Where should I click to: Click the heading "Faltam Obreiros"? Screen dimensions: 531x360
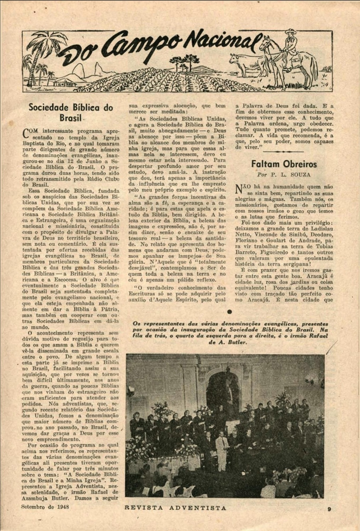click(284, 164)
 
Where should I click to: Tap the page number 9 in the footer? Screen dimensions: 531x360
click(329, 509)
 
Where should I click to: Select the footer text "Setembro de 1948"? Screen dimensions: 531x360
click(45, 506)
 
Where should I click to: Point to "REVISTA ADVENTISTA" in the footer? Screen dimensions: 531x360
click(175, 508)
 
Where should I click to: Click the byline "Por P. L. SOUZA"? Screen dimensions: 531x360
click(284, 175)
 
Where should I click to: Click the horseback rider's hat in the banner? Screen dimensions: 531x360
click(291, 32)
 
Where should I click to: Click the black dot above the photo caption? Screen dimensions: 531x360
click(229, 312)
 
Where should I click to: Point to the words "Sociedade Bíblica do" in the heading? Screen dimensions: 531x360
click(70, 107)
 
